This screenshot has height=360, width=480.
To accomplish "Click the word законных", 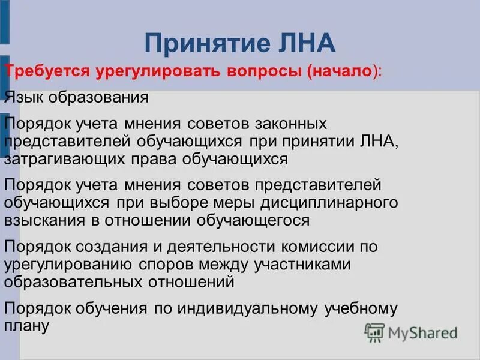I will (287, 124).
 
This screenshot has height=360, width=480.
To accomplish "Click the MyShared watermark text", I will (423, 332).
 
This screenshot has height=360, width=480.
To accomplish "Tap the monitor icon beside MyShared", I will (374, 331).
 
